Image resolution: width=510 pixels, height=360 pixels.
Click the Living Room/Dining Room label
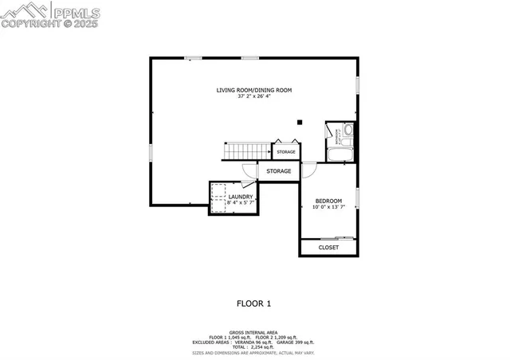(254, 90)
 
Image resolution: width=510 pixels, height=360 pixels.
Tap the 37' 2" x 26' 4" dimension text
(254, 97)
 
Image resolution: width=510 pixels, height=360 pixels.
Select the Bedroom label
(328, 201)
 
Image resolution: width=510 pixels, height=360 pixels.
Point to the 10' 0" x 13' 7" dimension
(328, 207)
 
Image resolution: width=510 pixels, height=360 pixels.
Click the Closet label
(328, 248)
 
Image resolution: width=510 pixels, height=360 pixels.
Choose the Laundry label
(241, 197)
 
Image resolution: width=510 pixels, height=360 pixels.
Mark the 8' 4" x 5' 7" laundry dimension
(241, 203)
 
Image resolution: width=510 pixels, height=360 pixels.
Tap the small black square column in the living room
(300, 123)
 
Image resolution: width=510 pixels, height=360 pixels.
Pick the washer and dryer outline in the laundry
(218, 199)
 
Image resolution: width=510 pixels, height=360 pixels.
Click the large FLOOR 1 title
(254, 303)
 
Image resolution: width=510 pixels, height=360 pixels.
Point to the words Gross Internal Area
(254, 331)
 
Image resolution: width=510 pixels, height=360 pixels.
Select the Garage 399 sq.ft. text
(296, 342)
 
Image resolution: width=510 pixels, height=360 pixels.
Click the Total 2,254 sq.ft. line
(254, 346)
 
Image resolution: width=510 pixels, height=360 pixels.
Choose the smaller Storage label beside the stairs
(286, 151)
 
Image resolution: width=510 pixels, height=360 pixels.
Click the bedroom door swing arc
(308, 170)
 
